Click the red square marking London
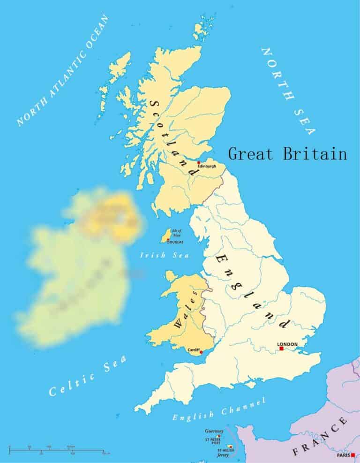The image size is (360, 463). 281,349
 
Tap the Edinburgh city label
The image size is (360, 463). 207,166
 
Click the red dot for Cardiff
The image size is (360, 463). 201,352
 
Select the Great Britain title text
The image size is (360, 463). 287,154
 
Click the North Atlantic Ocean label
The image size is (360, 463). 63,71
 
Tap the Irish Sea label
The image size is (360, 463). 165,256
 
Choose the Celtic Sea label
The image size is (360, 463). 88,376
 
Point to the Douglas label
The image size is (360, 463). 175,242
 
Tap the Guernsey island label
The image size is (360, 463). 214,430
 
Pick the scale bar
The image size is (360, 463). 56,451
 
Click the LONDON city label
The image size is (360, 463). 287,344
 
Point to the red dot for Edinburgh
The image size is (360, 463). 198,162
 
